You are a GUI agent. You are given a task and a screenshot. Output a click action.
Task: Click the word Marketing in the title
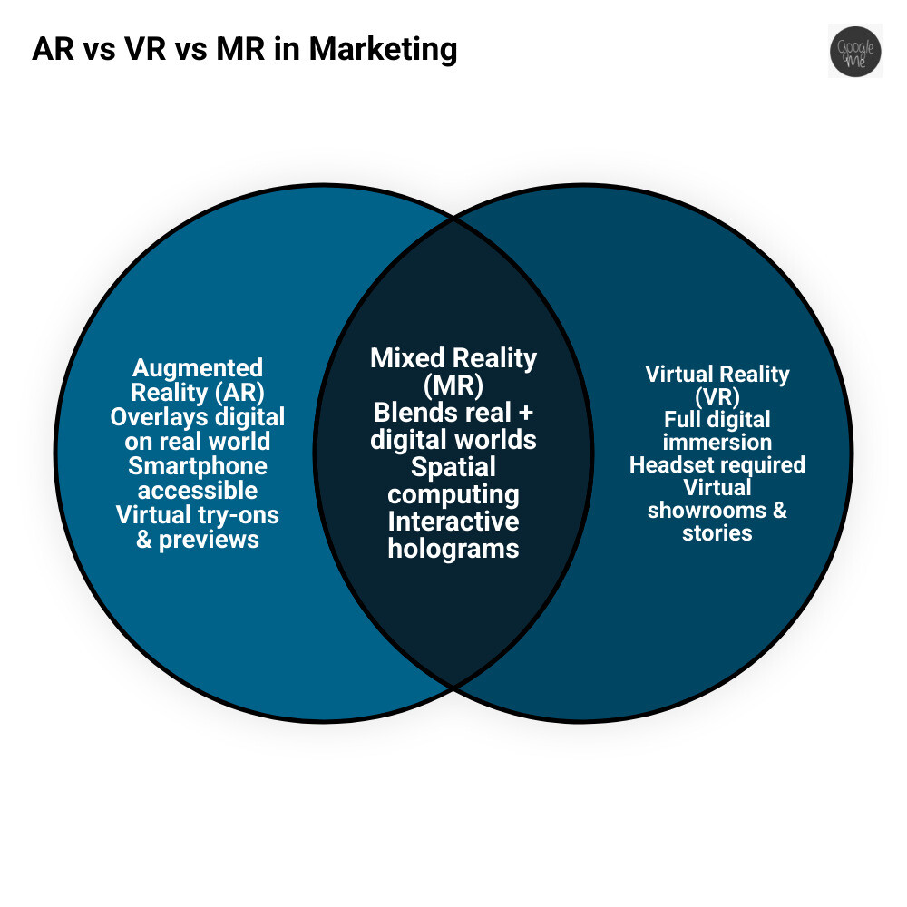pyautogui.click(x=383, y=49)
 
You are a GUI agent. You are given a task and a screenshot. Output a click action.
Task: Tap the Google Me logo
pyautogui.click(x=854, y=51)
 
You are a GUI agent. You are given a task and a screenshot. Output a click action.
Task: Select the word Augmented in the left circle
pyautogui.click(x=198, y=368)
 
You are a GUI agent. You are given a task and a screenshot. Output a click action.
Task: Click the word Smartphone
pyautogui.click(x=198, y=466)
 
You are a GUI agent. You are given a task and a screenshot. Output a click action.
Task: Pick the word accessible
pyautogui.click(x=198, y=491)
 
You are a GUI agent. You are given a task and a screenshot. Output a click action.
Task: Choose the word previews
pyautogui.click(x=210, y=540)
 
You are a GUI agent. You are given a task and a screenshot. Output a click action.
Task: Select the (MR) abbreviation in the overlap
pyautogui.click(x=453, y=384)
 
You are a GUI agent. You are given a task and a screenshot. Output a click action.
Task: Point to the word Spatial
pyautogui.click(x=453, y=468)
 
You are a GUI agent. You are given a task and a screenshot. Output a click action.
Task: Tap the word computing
pyautogui.click(x=453, y=495)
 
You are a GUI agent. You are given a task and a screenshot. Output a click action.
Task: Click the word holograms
pyautogui.click(x=453, y=549)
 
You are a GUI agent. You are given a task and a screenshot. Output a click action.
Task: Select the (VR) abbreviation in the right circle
pyautogui.click(x=717, y=396)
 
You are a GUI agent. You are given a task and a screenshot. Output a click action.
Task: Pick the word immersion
pyautogui.click(x=717, y=443)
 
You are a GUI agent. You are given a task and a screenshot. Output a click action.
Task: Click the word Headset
pyautogui.click(x=667, y=465)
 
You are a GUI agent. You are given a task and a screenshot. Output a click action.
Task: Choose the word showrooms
pyautogui.click(x=705, y=510)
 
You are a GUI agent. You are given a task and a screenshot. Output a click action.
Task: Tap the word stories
pyautogui.click(x=717, y=532)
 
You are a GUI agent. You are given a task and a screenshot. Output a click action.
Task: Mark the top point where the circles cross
pyautogui.click(x=453, y=218)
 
